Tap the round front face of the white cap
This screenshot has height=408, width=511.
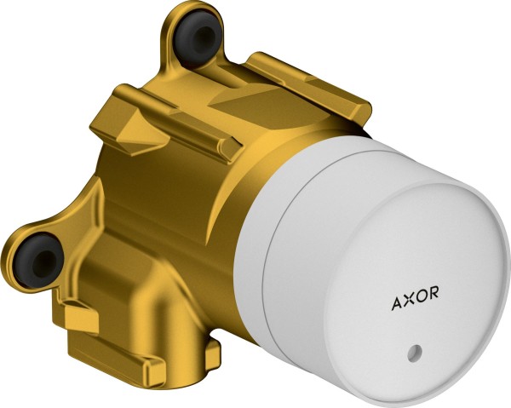click(x=417, y=281)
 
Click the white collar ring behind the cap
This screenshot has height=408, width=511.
click(x=255, y=256)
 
